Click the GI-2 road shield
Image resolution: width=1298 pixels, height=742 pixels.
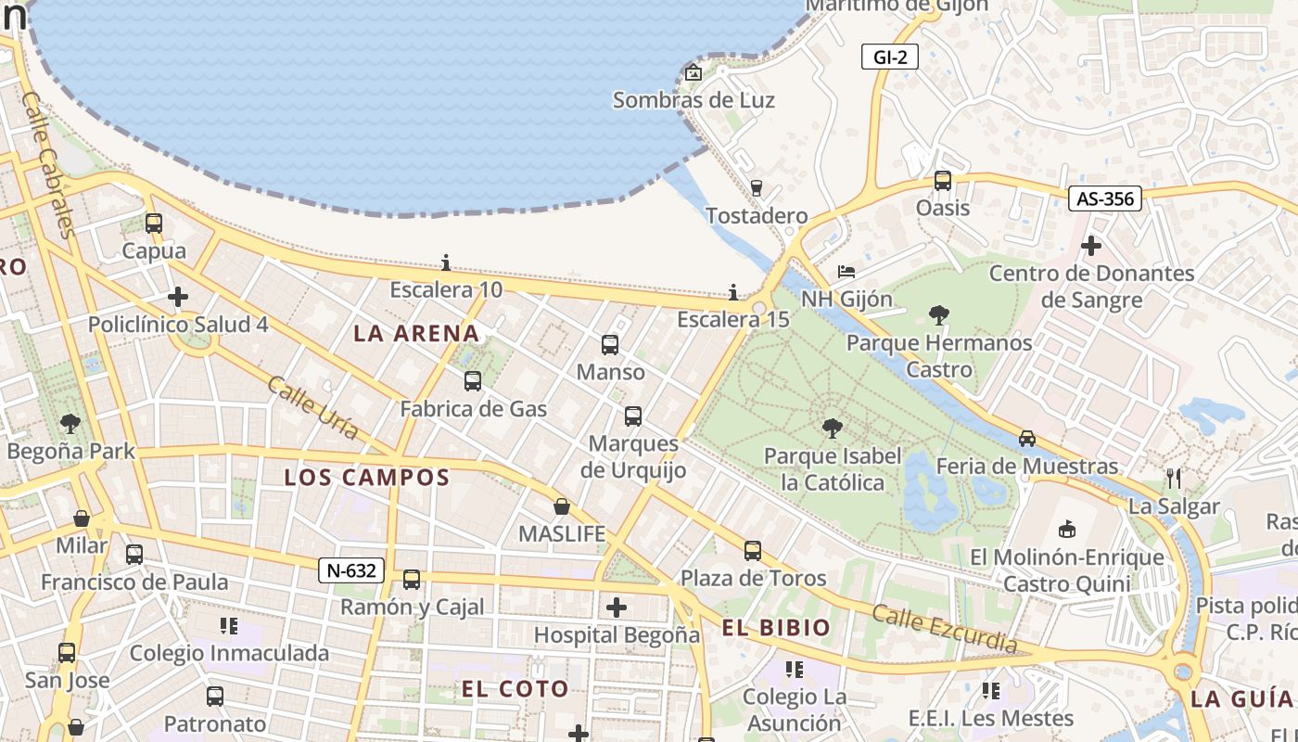[x=889, y=58]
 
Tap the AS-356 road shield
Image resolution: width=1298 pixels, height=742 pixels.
[x=1104, y=198]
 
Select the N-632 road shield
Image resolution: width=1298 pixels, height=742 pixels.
[x=351, y=570]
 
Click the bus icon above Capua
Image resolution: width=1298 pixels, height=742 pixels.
[x=154, y=224]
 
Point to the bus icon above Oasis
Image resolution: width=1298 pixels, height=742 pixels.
[x=943, y=181]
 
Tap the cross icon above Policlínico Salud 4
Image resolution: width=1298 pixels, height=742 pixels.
[x=178, y=297]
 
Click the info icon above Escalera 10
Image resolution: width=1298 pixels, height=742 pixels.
[x=446, y=263]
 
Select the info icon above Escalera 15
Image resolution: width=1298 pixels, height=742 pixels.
[x=733, y=293]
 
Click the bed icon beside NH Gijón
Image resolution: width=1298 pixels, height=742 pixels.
[x=846, y=272]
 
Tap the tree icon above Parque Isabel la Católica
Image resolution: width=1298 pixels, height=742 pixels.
[x=833, y=429]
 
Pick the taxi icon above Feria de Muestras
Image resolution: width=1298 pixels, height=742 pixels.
[x=1027, y=439]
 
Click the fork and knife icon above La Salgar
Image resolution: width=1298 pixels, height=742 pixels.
[x=1174, y=479]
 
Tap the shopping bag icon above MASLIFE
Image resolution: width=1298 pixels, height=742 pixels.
[x=562, y=506]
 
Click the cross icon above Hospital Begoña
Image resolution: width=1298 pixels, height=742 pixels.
[x=617, y=608]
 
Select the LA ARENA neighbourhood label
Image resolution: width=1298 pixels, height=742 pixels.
[x=416, y=334]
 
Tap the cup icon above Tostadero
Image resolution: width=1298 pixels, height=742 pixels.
[x=756, y=188]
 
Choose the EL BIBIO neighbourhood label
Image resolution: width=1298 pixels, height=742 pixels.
[x=776, y=628]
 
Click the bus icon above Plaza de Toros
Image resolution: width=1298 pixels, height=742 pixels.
[x=753, y=551]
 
